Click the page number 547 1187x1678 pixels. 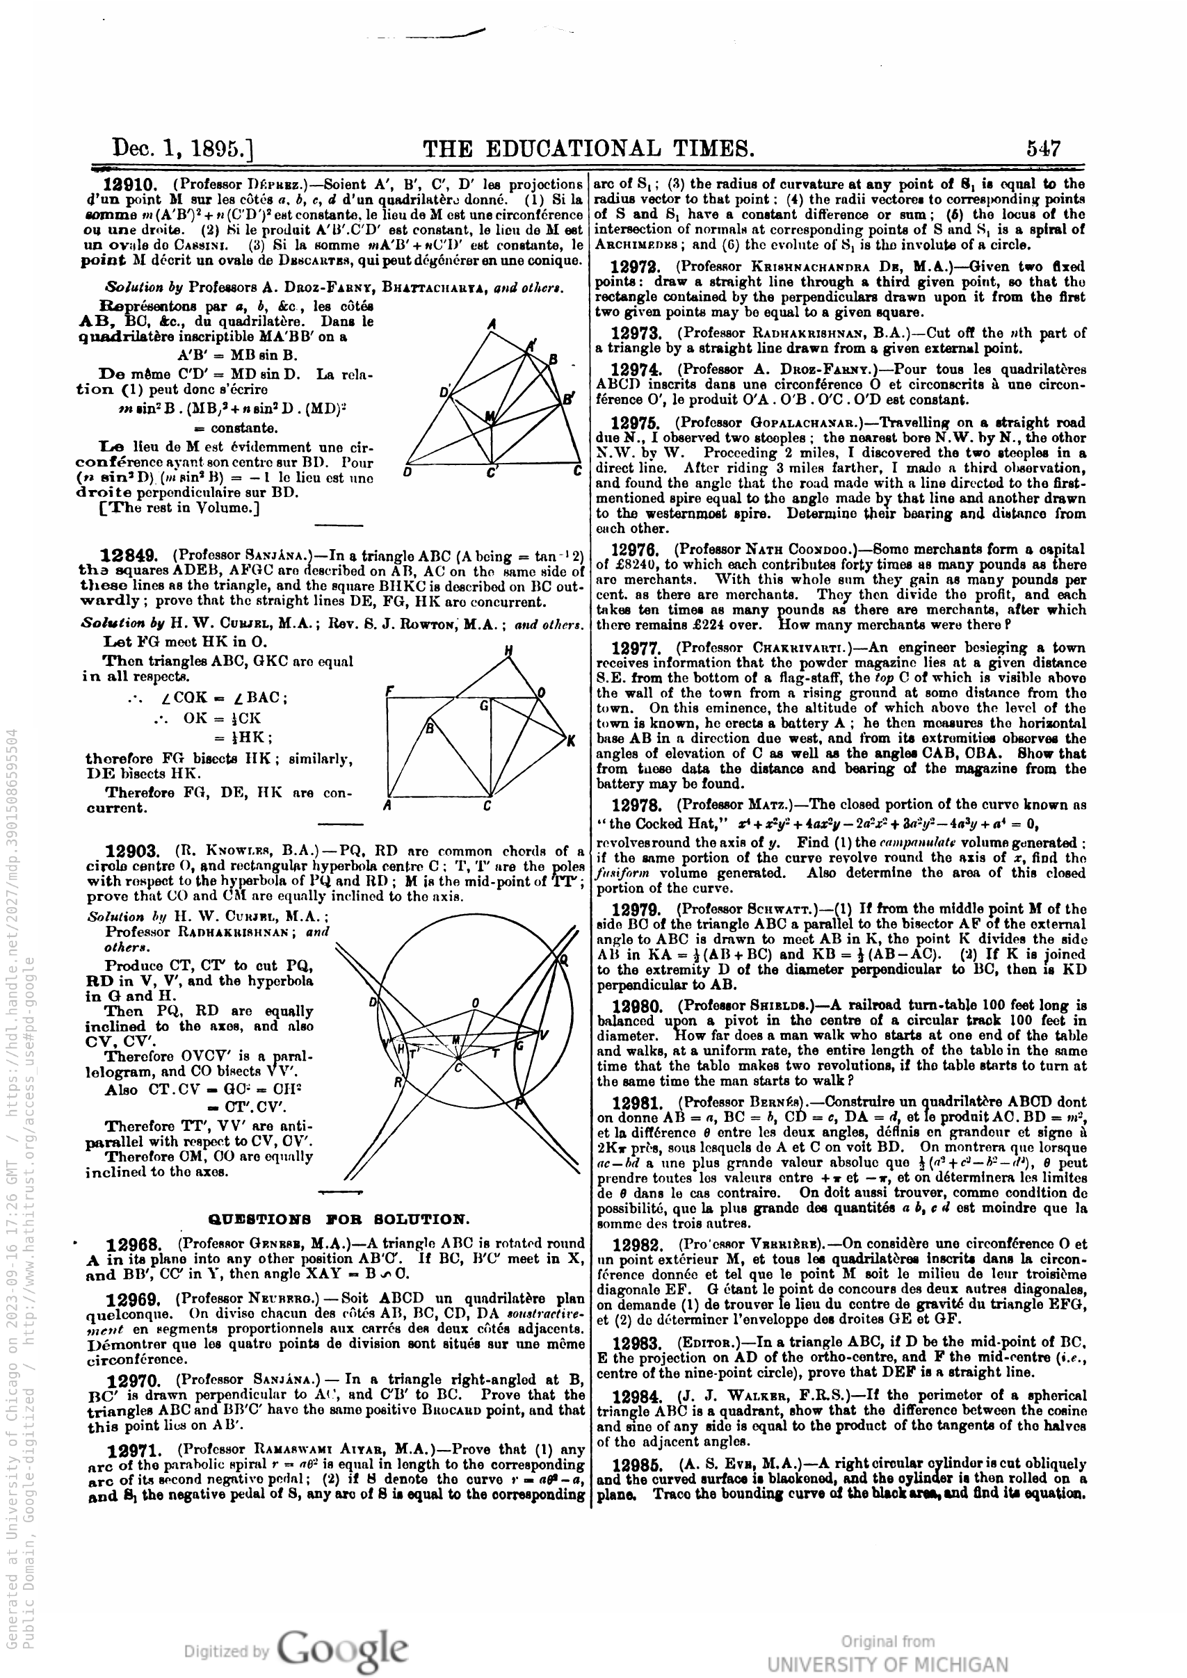(x=1043, y=148)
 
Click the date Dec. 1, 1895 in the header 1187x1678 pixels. (x=183, y=148)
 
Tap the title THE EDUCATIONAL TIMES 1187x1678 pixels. (x=588, y=148)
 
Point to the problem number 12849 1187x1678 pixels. (x=126, y=556)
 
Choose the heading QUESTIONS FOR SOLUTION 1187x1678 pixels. (x=339, y=1219)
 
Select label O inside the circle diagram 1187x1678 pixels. (x=475, y=1003)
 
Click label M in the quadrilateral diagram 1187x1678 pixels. (x=490, y=417)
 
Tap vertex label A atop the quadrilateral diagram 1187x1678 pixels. (x=491, y=325)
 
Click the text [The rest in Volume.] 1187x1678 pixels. (x=179, y=508)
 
